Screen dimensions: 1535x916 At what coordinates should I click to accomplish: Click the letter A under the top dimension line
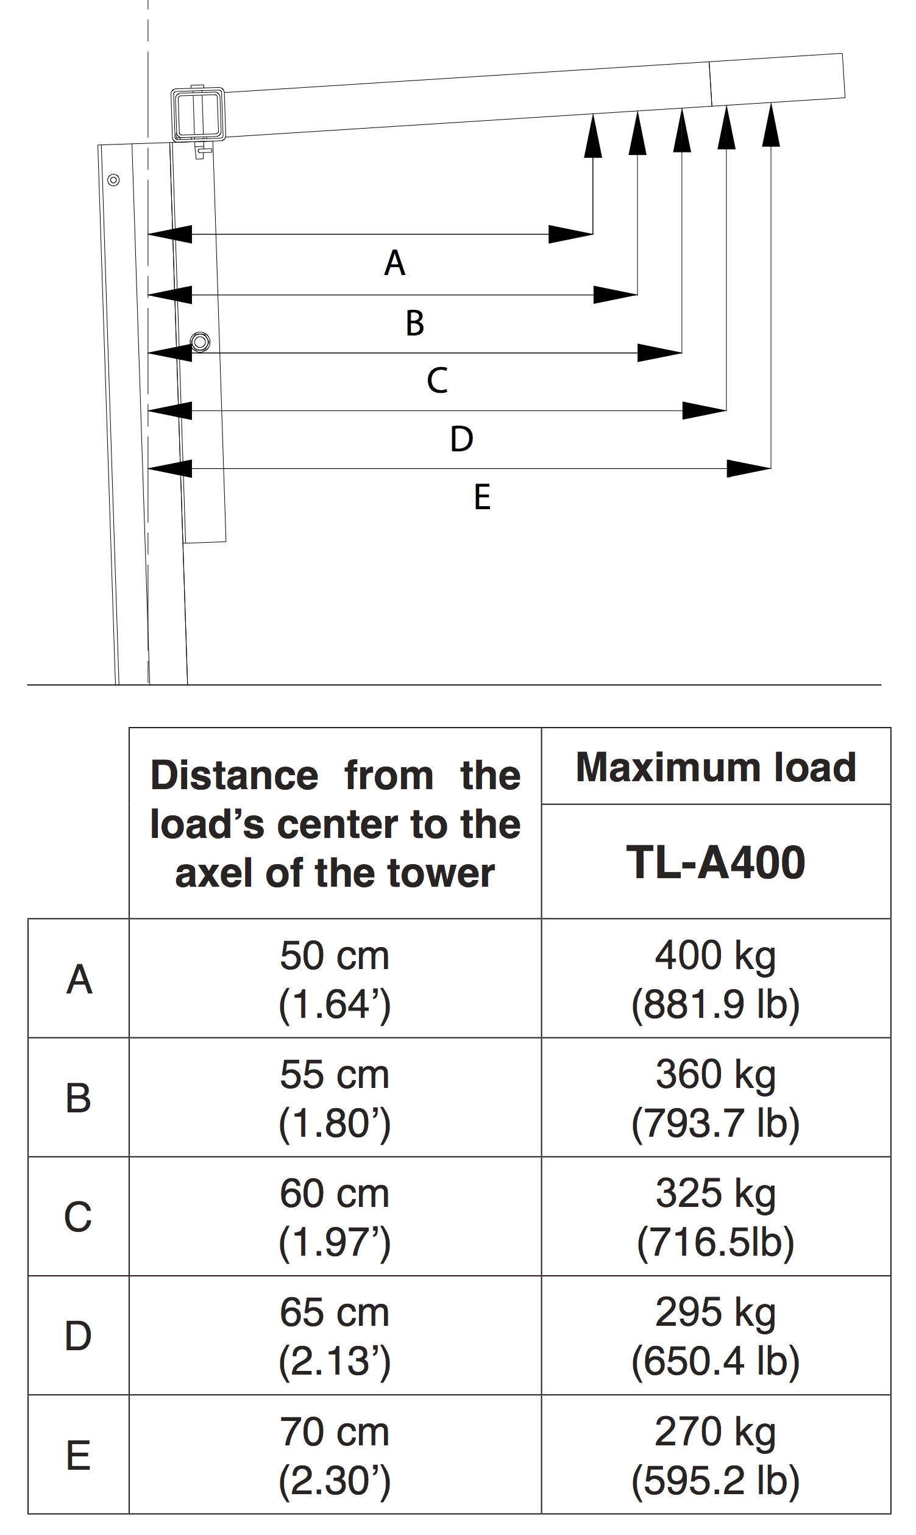click(394, 263)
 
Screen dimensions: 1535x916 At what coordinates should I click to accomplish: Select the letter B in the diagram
click(415, 323)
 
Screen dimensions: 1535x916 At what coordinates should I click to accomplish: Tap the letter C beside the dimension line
click(437, 381)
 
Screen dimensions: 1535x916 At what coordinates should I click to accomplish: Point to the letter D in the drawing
click(462, 440)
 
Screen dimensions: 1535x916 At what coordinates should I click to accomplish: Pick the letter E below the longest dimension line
click(482, 498)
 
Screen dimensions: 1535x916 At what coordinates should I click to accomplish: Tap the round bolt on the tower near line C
click(200, 342)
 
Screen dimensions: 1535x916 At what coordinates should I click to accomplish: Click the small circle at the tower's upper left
click(113, 181)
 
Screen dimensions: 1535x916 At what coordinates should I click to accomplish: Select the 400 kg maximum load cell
click(715, 980)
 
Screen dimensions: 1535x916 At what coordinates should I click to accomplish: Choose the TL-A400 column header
click(715, 862)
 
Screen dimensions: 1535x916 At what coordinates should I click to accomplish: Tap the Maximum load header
click(715, 767)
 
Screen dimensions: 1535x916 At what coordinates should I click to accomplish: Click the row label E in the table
click(79, 1455)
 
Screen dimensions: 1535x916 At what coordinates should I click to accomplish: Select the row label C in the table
click(79, 1217)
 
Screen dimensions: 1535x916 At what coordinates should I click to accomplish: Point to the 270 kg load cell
click(715, 1455)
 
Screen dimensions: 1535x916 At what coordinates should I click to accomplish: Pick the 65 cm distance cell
click(335, 1336)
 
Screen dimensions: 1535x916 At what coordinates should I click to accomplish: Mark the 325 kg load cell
click(715, 1217)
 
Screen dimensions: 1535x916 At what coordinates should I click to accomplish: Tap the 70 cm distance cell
click(335, 1455)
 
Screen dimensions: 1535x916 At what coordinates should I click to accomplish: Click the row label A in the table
click(79, 980)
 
